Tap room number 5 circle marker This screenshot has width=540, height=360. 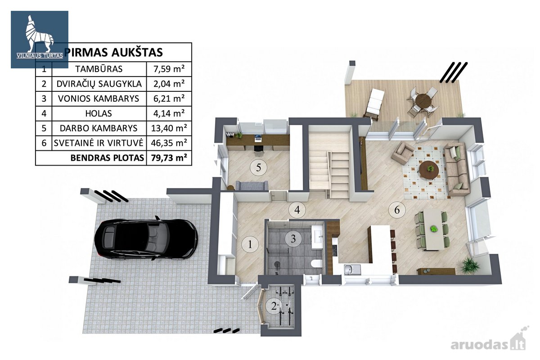pyautogui.click(x=258, y=167)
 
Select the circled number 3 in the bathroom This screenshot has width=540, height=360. pyautogui.click(x=293, y=239)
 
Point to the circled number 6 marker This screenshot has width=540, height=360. pyautogui.click(x=397, y=210)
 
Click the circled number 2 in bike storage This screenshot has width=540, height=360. pyautogui.click(x=274, y=306)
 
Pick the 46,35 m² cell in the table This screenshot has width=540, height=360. pyautogui.click(x=169, y=143)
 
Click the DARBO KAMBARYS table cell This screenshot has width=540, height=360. pyautogui.click(x=99, y=128)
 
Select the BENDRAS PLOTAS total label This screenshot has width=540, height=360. pyautogui.click(x=107, y=158)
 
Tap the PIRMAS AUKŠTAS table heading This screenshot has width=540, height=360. pyautogui.click(x=113, y=53)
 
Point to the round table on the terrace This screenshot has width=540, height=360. pyautogui.click(x=424, y=101)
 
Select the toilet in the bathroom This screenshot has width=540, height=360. pyautogui.click(x=316, y=264)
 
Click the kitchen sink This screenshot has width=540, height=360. pyautogui.click(x=352, y=269)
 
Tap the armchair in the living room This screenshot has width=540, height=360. pyautogui.click(x=402, y=153)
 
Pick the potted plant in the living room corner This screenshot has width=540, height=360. pyautogui.click(x=470, y=265)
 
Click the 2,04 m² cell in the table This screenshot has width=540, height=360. pyautogui.click(x=169, y=84)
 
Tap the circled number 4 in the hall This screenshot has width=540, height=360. pyautogui.click(x=297, y=210)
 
